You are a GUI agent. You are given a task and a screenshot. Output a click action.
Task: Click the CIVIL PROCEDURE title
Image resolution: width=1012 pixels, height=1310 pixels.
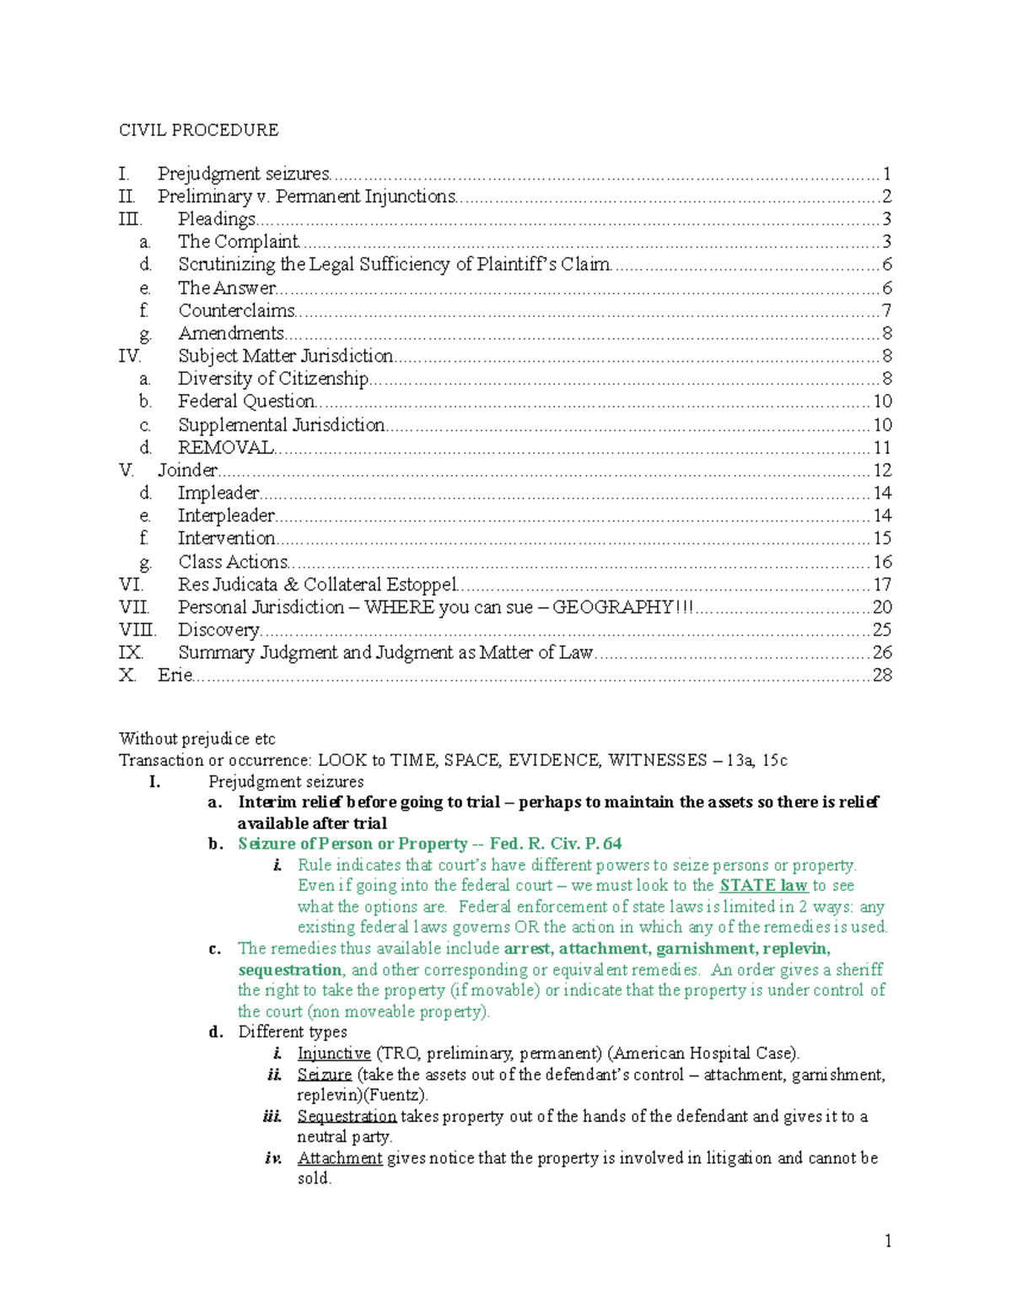(198, 130)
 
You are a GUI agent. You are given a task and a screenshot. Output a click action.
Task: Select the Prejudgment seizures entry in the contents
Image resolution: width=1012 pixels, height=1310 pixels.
(244, 174)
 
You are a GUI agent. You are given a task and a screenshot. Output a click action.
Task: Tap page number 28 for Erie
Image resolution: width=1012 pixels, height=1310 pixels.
(881, 675)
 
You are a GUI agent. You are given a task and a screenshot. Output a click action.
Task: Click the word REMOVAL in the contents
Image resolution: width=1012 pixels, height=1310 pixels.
(226, 447)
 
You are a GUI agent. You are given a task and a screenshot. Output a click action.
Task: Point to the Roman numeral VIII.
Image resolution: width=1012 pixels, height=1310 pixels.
(137, 629)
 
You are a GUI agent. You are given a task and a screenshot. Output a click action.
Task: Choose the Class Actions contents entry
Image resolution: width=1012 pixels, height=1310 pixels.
(233, 562)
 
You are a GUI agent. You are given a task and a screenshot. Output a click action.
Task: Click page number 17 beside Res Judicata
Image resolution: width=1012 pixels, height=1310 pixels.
(881, 585)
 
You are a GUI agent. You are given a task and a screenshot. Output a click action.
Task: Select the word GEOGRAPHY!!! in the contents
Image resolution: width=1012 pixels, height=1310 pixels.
(622, 607)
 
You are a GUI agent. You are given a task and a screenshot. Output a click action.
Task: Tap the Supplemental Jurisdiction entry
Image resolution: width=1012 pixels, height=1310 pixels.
(281, 424)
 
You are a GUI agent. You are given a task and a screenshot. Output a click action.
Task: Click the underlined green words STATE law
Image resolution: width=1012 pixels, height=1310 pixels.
(763, 886)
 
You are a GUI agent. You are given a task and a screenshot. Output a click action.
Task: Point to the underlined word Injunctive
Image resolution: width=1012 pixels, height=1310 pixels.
(334, 1053)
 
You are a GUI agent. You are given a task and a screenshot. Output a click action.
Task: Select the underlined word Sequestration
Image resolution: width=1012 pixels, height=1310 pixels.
(347, 1116)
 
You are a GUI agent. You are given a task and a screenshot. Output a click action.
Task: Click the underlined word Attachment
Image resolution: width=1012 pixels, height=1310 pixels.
(340, 1158)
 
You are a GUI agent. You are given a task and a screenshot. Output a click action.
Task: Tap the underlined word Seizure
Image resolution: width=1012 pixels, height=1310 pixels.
(324, 1075)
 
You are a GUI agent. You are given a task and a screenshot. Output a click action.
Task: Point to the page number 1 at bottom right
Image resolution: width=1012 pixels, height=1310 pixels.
(887, 1240)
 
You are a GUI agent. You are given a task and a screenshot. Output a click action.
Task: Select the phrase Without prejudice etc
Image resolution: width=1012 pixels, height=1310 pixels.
(196, 739)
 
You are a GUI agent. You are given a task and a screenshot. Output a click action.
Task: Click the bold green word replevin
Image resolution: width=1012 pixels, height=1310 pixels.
(796, 949)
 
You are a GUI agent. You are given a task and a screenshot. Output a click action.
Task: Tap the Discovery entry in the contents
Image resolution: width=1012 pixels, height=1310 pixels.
(218, 629)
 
